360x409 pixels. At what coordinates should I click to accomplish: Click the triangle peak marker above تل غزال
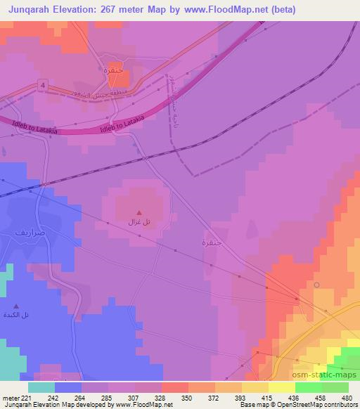(139, 212)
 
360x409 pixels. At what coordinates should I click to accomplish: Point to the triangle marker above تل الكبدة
(16, 306)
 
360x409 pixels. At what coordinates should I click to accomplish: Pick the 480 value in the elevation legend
(347, 398)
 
